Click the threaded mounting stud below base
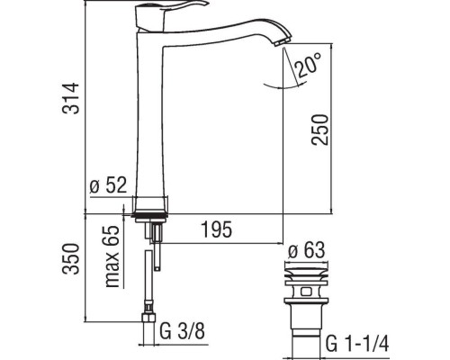pyautogui.click(x=154, y=236)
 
